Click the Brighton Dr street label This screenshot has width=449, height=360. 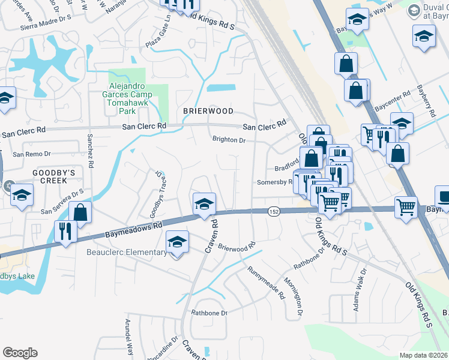(229, 140)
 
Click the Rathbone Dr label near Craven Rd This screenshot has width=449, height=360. (209, 313)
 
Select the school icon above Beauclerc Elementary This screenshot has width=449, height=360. (177, 242)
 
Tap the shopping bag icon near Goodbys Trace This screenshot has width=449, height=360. (80, 212)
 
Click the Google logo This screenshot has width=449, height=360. (20, 353)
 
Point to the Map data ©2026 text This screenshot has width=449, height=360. (423, 355)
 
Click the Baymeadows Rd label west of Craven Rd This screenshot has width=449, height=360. (134, 227)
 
